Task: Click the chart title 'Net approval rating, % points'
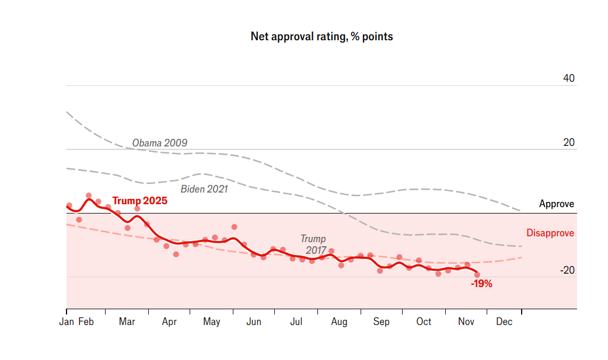[x=322, y=37]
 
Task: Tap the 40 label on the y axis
[x=569, y=78]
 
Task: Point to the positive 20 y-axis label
[x=569, y=142]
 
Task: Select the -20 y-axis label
[x=567, y=270]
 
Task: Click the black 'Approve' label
[x=556, y=204]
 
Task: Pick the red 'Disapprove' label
[x=550, y=233]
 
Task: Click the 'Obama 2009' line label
[x=159, y=143]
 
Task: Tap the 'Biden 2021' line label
[x=204, y=189]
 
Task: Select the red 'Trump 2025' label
[x=139, y=201]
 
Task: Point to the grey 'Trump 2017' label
[x=313, y=244]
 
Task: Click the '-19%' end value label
[x=481, y=284]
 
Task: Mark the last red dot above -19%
[x=477, y=274]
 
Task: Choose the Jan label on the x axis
[x=67, y=322]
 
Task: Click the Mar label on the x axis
[x=127, y=322]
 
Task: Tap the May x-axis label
[x=211, y=322]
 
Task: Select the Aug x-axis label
[x=339, y=322]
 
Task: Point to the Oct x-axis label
[x=424, y=322]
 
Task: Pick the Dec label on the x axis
[x=504, y=322]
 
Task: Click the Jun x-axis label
[x=254, y=322]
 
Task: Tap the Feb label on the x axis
[x=86, y=322]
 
